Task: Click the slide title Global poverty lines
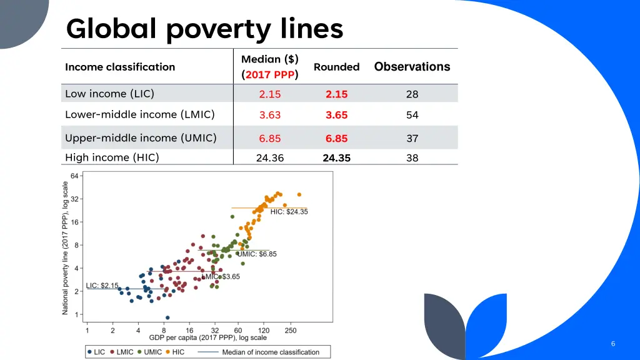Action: (204, 29)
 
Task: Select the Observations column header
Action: (412, 67)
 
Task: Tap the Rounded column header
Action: (336, 67)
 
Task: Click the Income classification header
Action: (120, 67)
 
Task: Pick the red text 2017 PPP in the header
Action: (270, 75)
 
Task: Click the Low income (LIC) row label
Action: (109, 94)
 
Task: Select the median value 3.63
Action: (270, 115)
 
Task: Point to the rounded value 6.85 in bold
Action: (336, 139)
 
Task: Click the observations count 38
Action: (412, 158)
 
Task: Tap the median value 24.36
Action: (270, 158)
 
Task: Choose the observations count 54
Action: (412, 115)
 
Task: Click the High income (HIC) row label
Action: (112, 157)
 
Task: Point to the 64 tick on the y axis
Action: (74, 176)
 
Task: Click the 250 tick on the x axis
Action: (291, 330)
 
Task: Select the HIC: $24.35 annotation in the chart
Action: (289, 212)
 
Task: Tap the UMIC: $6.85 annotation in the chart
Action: (257, 254)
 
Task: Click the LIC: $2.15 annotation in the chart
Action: (102, 286)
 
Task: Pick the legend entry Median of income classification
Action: (271, 352)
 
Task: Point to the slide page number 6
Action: (613, 344)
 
